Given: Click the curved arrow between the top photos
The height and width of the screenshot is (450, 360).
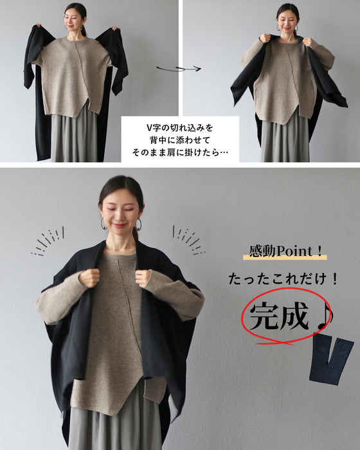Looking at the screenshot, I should (178, 67).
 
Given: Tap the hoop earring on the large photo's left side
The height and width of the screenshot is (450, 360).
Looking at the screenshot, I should (104, 223).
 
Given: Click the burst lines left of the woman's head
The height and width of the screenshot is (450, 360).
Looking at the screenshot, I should (48, 241).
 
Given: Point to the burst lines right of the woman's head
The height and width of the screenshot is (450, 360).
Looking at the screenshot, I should (188, 240).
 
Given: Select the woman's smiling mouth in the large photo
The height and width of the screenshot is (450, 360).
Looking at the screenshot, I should (120, 224).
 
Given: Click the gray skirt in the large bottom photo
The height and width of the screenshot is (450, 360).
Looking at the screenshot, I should (116, 428).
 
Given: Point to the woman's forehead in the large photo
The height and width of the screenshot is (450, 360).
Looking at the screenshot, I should (120, 196).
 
